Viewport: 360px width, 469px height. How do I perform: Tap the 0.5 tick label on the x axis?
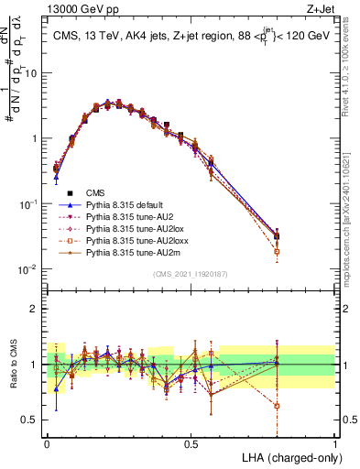[x=191, y=443]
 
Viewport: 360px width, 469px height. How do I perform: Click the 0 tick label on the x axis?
[x=47, y=443]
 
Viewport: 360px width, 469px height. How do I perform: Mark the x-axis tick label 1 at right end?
[x=334, y=443]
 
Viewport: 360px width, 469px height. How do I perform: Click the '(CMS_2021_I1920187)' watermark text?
[x=191, y=275]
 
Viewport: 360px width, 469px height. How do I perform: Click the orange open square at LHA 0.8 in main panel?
[x=277, y=251]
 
